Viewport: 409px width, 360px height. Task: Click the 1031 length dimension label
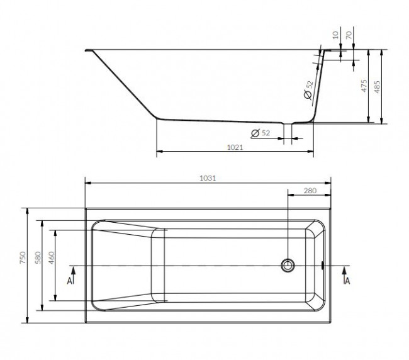pos(208,178)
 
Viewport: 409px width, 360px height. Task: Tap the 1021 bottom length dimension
pos(235,147)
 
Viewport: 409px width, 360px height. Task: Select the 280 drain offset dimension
pos(310,191)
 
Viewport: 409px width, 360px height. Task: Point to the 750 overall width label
pos(23,257)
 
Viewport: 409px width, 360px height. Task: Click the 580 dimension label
pos(38,257)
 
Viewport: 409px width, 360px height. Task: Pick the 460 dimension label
pos(52,257)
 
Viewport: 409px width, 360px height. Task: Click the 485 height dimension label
pos(377,87)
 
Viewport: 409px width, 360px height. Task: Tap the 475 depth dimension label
pos(364,86)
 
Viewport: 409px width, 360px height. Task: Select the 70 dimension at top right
pos(349,35)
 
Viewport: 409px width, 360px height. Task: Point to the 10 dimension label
pos(336,35)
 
